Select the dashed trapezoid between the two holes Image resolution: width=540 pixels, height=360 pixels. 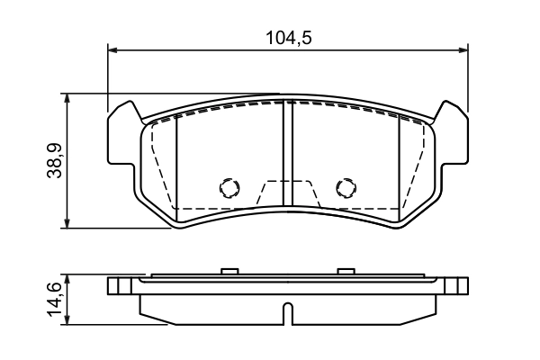(287, 193)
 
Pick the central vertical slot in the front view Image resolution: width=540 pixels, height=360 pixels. (285, 153)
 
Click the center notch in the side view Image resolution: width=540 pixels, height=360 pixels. (287, 313)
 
